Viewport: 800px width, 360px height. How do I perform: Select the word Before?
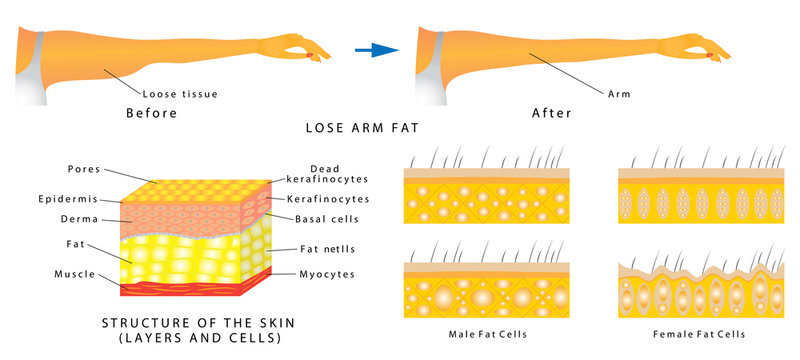pos(151,113)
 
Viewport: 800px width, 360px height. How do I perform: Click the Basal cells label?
pos(324,217)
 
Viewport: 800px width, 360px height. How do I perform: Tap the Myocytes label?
pos(324,273)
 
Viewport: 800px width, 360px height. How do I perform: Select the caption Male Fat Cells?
pos(486,333)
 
